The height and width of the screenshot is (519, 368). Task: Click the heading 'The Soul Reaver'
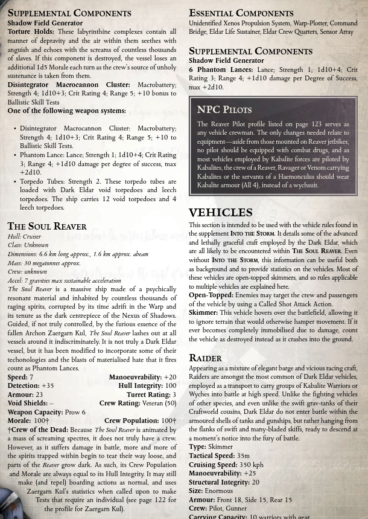(x=47, y=226)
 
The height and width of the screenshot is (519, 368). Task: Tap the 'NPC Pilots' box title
(x=224, y=109)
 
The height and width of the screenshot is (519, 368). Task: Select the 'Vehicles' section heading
(x=221, y=213)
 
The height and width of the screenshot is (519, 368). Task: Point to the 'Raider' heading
(x=205, y=358)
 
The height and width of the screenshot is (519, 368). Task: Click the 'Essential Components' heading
(x=241, y=13)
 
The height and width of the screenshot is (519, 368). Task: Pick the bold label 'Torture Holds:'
(x=31, y=32)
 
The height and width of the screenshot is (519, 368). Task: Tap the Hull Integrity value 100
(x=171, y=385)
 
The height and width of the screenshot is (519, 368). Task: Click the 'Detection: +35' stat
(x=30, y=385)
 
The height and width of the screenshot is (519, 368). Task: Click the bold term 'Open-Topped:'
(x=211, y=295)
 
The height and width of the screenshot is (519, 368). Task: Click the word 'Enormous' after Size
(x=218, y=491)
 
